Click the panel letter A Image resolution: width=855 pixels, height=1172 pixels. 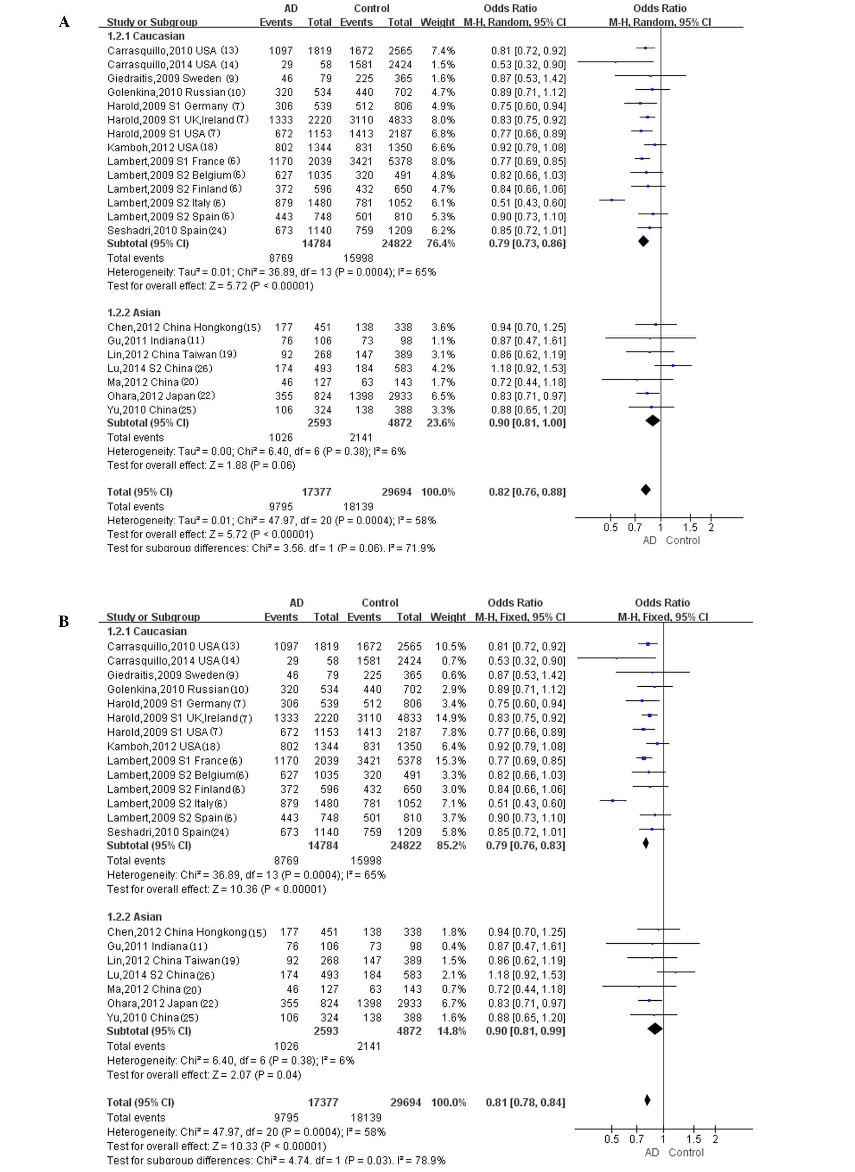(x=64, y=22)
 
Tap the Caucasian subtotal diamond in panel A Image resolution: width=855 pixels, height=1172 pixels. (x=643, y=241)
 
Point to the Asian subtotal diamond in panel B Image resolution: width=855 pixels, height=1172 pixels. (x=655, y=1029)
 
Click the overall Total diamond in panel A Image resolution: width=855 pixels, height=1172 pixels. (x=645, y=489)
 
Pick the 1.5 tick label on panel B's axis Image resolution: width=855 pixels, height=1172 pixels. (x=693, y=1139)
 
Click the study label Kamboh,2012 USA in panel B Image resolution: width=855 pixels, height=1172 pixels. (x=163, y=746)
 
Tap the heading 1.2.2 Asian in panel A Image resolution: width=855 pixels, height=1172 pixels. (x=134, y=312)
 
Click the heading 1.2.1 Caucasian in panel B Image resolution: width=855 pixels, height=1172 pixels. (x=146, y=631)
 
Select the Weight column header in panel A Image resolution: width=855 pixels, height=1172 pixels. (x=437, y=22)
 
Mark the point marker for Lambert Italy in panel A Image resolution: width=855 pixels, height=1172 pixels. (x=612, y=200)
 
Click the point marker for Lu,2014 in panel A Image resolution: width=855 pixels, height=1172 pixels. (x=673, y=365)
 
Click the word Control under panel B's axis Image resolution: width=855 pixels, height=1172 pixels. (x=686, y=1152)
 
